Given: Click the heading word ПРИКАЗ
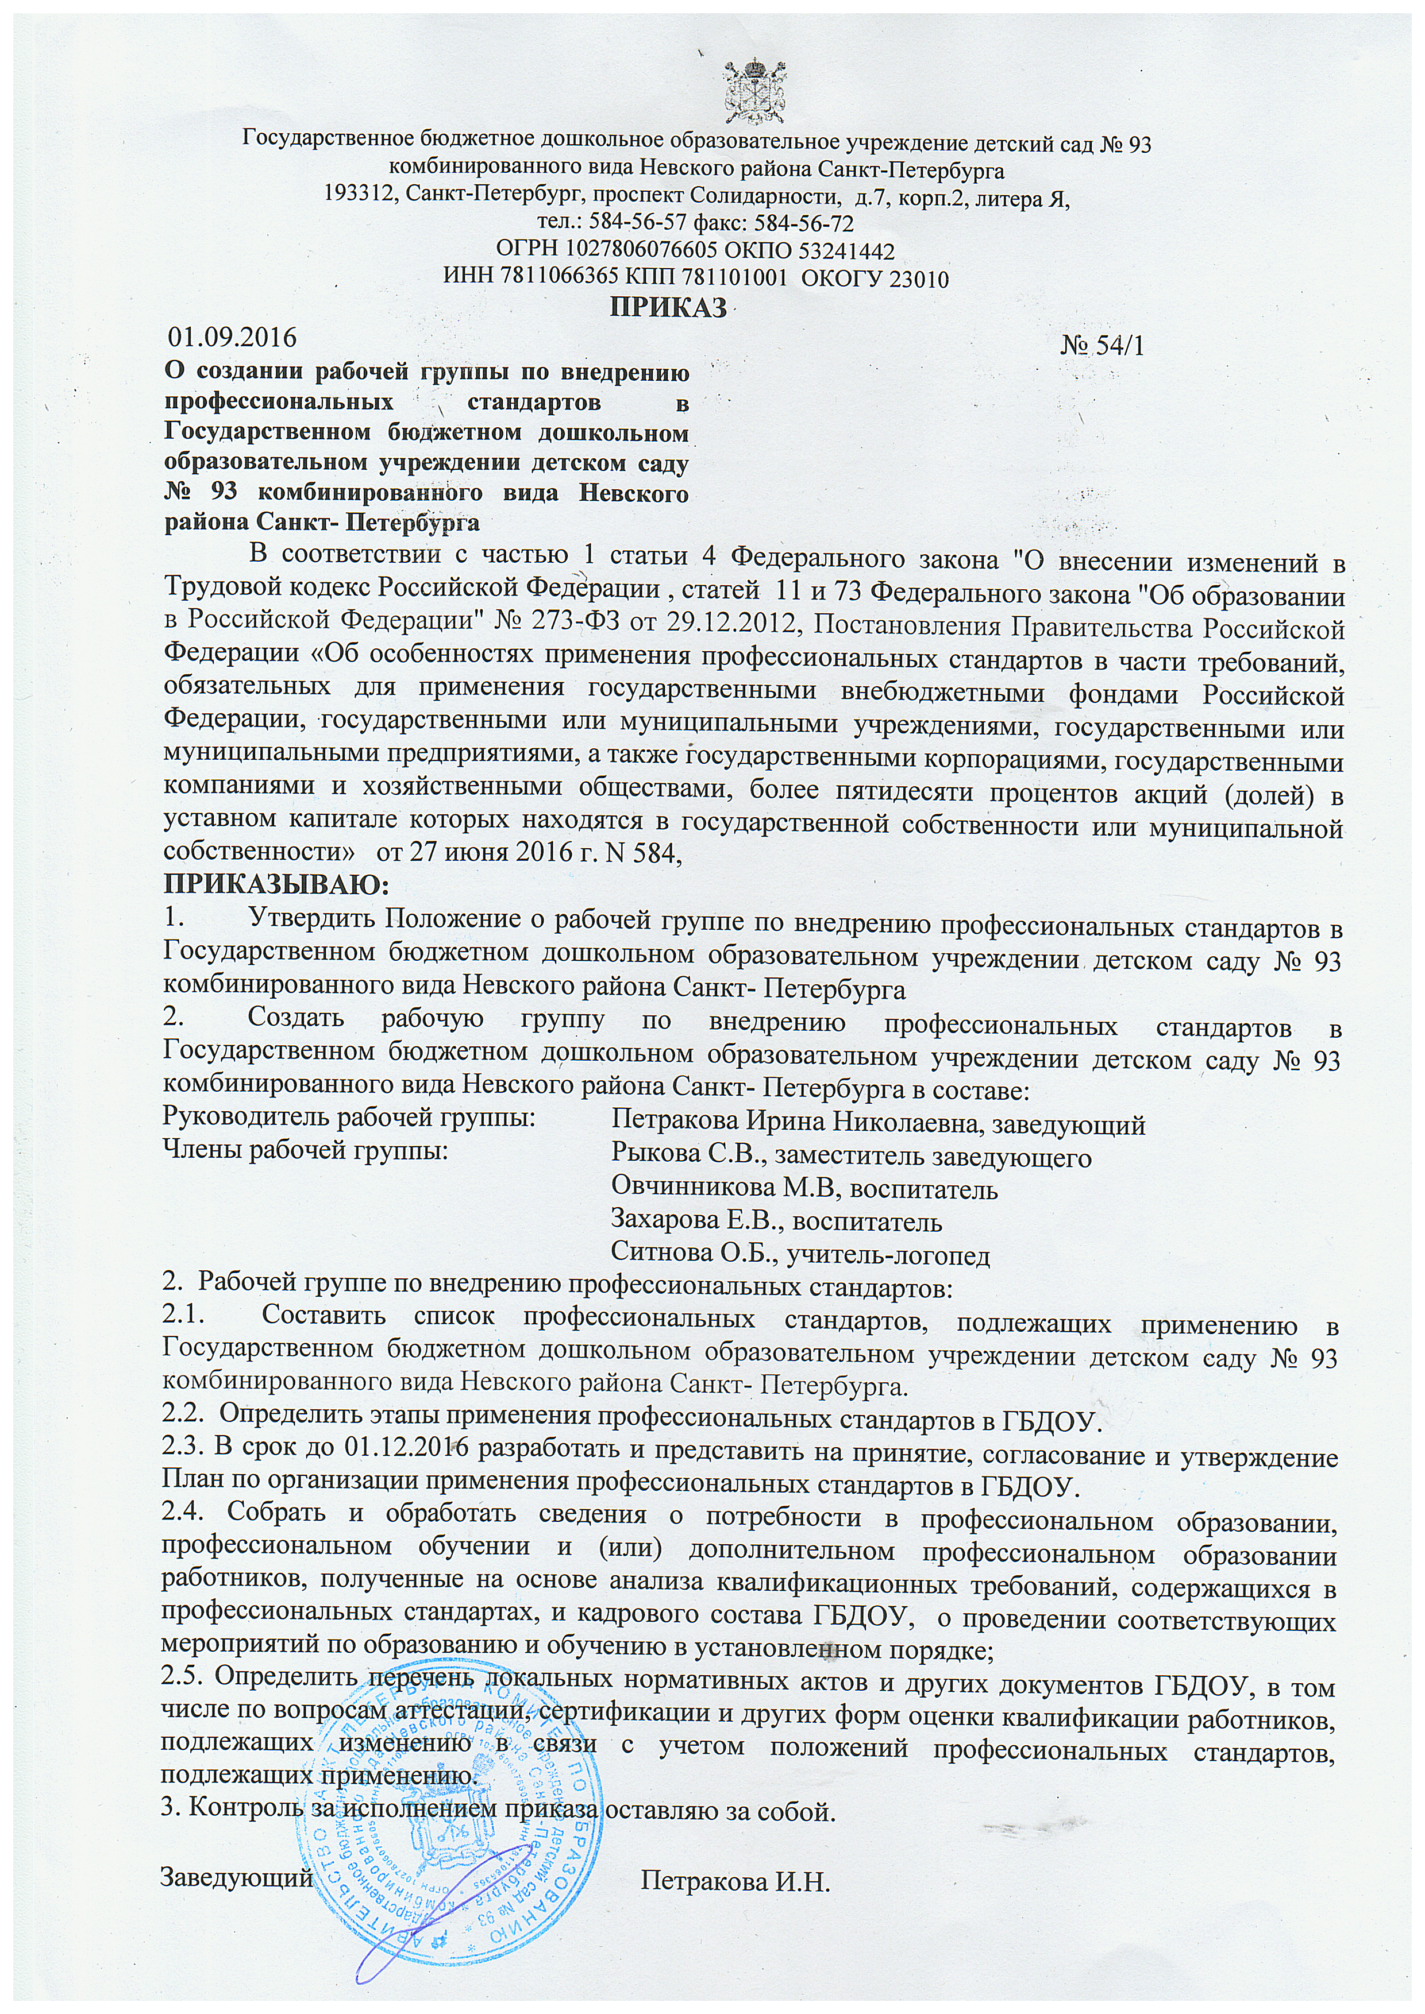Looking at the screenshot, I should click(669, 309).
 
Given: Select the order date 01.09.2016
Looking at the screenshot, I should click(233, 337).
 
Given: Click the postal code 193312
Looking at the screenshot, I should click(358, 194).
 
